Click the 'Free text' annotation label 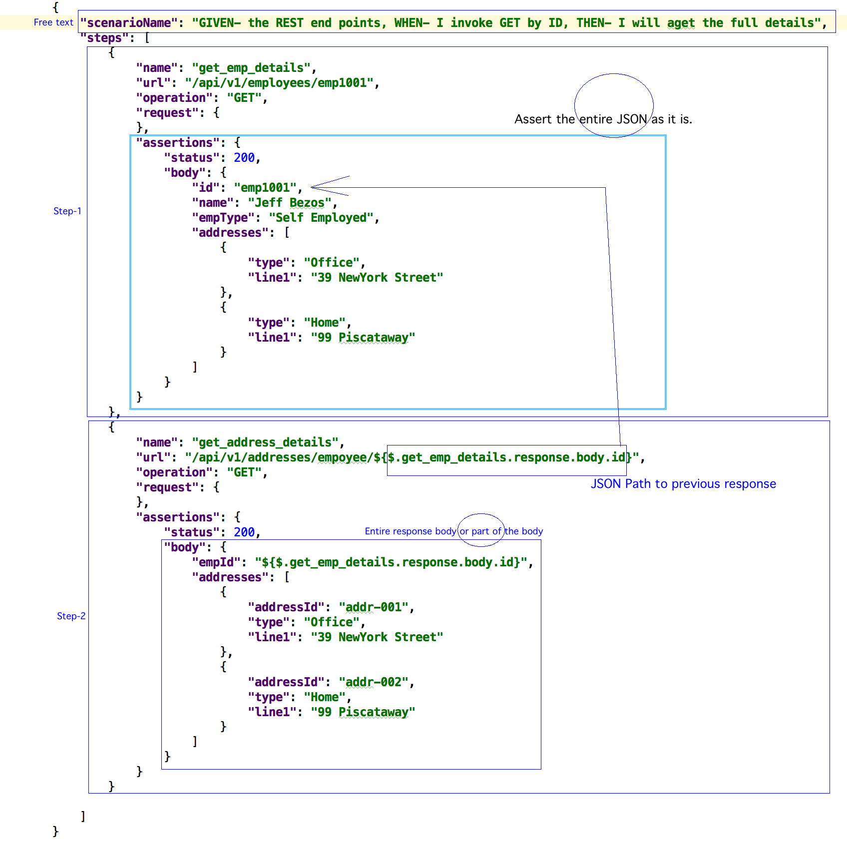pyautogui.click(x=53, y=22)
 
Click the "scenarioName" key pyautogui.click(x=129, y=23)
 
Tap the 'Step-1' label pyautogui.click(x=67, y=211)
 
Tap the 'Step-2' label pyautogui.click(x=71, y=616)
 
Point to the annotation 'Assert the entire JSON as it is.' pyautogui.click(x=603, y=119)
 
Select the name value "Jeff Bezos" pyautogui.click(x=289, y=203)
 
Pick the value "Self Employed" pyautogui.click(x=321, y=218)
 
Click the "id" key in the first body pyautogui.click(x=206, y=188)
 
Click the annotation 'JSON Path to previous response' pyautogui.click(x=683, y=484)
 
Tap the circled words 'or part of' pyautogui.click(x=480, y=531)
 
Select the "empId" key pyautogui.click(x=216, y=562)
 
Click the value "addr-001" pyautogui.click(x=374, y=607)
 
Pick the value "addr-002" pyautogui.click(x=374, y=682)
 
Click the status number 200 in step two pyautogui.click(x=244, y=532)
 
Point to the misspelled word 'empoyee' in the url pyautogui.click(x=342, y=457)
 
